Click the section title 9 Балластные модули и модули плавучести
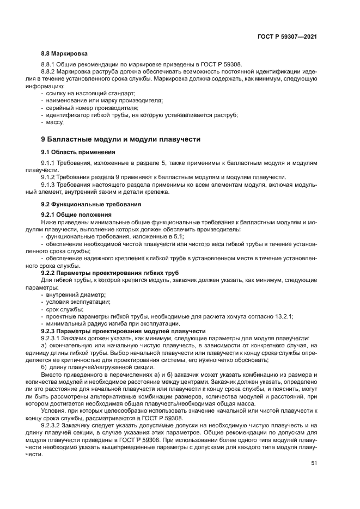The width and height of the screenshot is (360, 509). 121,139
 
